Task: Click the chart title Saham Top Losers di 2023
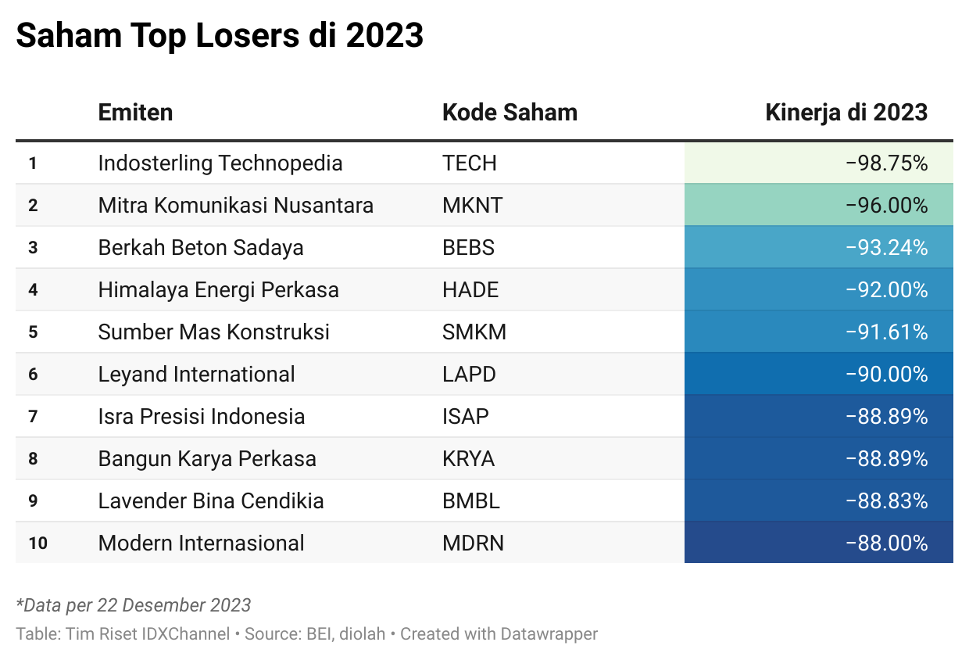click(220, 36)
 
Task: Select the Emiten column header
click(135, 112)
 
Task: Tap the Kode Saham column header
click(510, 112)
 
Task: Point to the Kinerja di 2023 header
click(846, 112)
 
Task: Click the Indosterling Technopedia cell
click(220, 163)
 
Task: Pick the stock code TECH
click(469, 163)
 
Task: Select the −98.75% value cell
click(886, 163)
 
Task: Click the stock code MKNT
click(472, 206)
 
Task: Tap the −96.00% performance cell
click(886, 206)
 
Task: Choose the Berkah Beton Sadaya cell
click(201, 248)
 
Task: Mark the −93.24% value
click(886, 248)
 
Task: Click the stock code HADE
click(470, 290)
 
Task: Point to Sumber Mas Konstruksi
click(213, 332)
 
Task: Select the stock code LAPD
click(469, 375)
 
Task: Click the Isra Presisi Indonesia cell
click(202, 417)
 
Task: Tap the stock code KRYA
click(468, 459)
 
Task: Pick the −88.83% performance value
click(886, 501)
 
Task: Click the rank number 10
click(38, 543)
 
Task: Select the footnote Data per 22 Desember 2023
click(134, 605)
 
